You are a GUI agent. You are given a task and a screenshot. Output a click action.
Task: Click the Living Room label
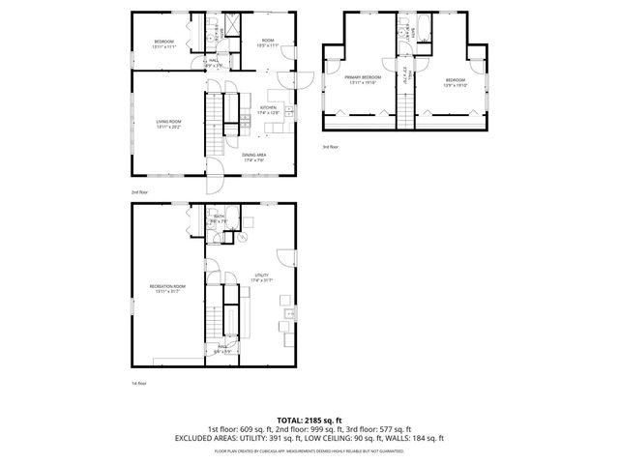click(167, 123)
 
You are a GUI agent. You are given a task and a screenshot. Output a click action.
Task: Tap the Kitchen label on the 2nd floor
click(268, 108)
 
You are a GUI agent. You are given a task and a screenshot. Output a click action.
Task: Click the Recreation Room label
click(166, 288)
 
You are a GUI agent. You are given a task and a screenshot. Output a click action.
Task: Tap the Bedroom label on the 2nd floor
click(163, 43)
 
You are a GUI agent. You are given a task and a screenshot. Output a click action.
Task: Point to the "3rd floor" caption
click(331, 147)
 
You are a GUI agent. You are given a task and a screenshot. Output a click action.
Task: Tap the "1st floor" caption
click(139, 383)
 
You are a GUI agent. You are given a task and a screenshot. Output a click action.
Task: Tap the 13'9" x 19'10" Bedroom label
click(456, 81)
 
